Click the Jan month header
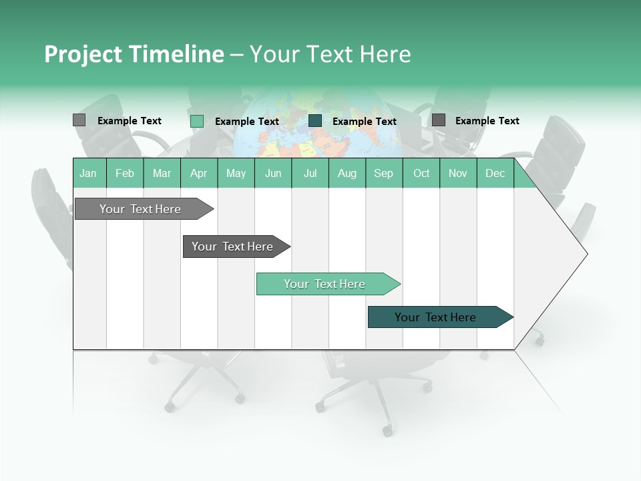(88, 173)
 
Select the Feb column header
(125, 173)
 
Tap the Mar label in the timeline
(162, 173)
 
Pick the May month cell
(236, 173)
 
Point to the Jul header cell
(310, 173)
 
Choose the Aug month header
(347, 173)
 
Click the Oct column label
(421, 173)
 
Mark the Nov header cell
(458, 173)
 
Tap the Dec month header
(495, 173)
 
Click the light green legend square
(197, 121)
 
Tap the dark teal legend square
(315, 121)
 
